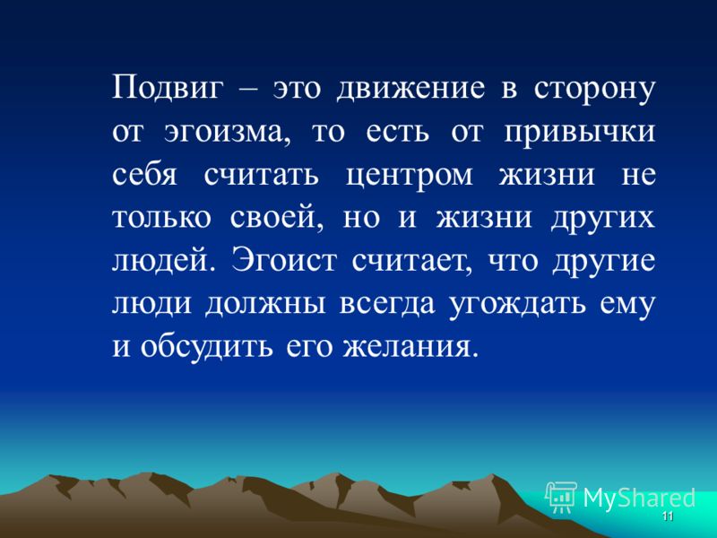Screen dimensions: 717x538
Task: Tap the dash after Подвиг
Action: (249, 89)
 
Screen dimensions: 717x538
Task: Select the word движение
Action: (410, 89)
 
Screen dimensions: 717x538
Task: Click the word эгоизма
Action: (228, 133)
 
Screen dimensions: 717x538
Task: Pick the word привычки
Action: (580, 133)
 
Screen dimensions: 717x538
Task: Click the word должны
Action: (264, 304)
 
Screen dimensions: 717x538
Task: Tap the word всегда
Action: (387, 304)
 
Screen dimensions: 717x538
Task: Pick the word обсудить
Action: (207, 346)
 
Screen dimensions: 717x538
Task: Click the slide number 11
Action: (668, 516)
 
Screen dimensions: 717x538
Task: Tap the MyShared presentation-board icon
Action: (561, 497)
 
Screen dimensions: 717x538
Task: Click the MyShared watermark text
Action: (639, 497)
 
